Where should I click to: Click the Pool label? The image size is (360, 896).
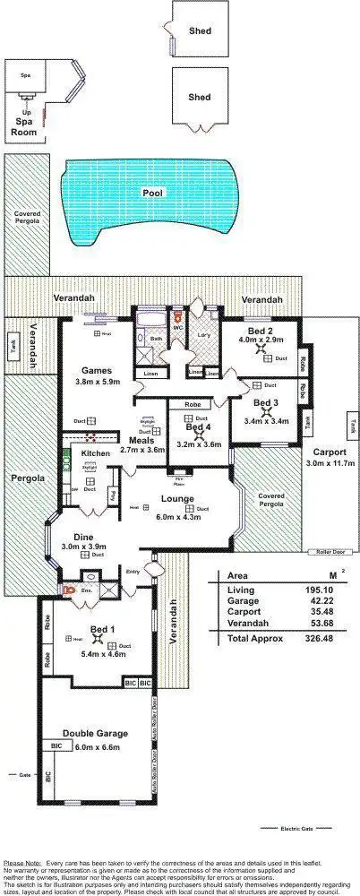point(152,193)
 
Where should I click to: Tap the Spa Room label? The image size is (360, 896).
point(22,129)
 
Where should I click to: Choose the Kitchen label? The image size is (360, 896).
point(95,454)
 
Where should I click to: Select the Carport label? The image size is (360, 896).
point(330,452)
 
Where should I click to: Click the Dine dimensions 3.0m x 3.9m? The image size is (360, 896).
point(83,546)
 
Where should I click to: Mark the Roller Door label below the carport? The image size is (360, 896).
point(326,552)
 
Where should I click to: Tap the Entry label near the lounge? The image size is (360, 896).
point(133,571)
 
